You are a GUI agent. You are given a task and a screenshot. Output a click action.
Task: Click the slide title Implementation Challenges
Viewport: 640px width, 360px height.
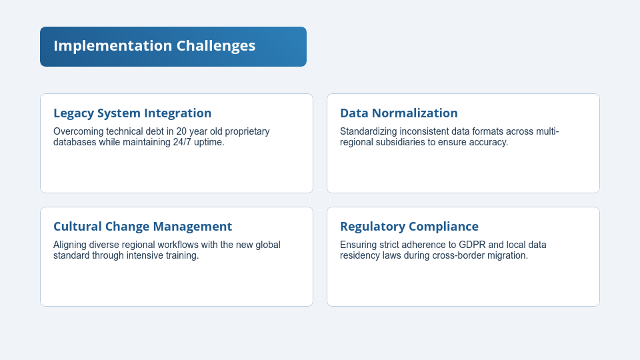[x=154, y=46]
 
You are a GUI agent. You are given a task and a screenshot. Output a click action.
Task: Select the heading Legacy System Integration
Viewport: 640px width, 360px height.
[x=132, y=113]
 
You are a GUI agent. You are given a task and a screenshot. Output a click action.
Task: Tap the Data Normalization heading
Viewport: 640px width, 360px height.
[x=399, y=113]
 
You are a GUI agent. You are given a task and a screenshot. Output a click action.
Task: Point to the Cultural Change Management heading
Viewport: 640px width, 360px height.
[x=143, y=227]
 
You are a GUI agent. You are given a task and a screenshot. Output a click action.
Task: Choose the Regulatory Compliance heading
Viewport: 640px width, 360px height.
[x=409, y=227]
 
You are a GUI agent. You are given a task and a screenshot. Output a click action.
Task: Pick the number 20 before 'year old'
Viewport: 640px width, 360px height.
[x=182, y=131]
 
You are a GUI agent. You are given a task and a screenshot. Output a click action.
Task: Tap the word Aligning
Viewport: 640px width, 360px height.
[x=71, y=245]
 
